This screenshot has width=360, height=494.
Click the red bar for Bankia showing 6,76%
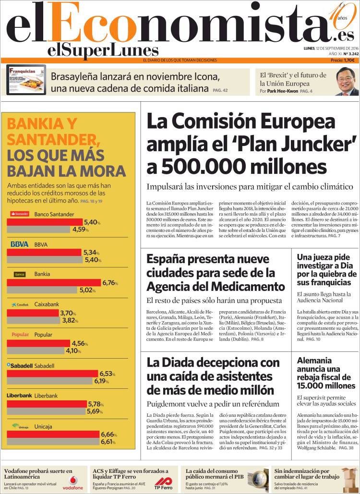point(54,283)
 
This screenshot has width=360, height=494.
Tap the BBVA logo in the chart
point(19,244)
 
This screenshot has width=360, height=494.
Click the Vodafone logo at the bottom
point(73,482)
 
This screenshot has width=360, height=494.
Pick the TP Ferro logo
point(163,483)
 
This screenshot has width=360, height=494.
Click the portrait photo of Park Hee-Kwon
point(347,82)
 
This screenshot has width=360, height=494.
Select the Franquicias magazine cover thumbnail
point(26,80)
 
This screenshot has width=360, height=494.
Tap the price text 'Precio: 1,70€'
point(342,60)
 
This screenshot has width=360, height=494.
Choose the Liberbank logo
point(19,396)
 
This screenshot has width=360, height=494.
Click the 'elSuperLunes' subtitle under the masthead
point(103,51)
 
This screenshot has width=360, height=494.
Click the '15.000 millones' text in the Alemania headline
point(326,386)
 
